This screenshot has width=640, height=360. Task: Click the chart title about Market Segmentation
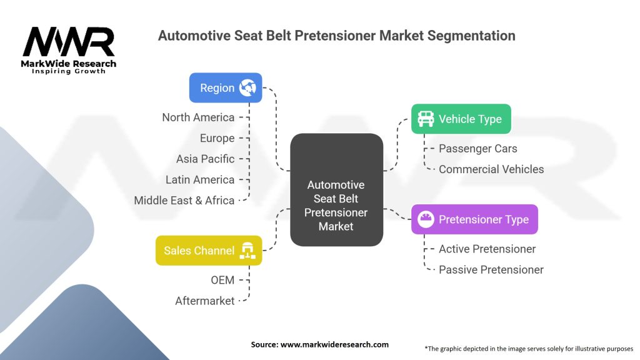coord(336,36)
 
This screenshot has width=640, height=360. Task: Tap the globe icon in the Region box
coord(247,88)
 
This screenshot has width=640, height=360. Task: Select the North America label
coord(198,117)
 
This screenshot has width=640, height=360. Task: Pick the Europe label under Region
coord(217,138)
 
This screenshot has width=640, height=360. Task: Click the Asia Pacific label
coord(205,159)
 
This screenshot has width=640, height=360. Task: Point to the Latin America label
coord(200,179)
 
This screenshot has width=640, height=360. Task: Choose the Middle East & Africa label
coord(184,201)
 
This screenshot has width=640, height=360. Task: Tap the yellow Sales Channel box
coord(208,251)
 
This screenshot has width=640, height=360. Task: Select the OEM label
coord(222,280)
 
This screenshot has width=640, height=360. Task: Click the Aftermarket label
coord(204,301)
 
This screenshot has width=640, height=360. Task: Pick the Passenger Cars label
coord(478,149)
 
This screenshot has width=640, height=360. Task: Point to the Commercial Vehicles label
coord(491,169)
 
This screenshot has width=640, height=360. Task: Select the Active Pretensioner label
coord(487,249)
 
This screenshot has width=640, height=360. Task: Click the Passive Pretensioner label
coord(491,270)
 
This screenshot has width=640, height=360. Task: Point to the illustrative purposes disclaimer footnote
coord(528,348)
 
